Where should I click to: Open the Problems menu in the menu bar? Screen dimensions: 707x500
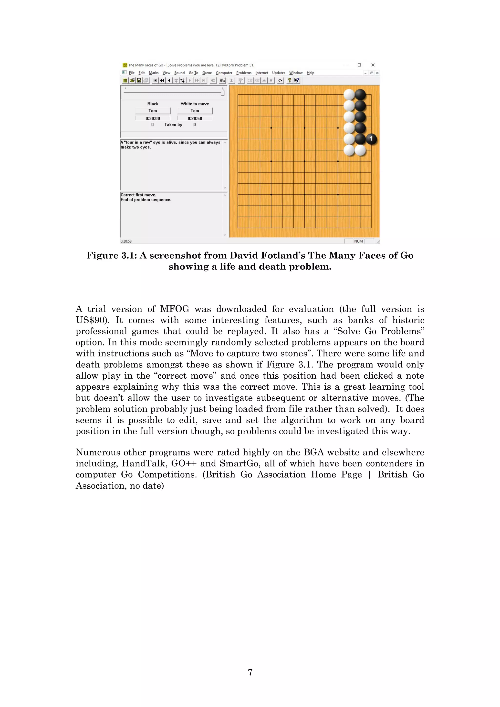pyautogui.click(x=244, y=73)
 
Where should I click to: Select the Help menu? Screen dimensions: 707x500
pyautogui.click(x=310, y=73)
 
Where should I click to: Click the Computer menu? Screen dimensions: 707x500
pyautogui.click(x=224, y=73)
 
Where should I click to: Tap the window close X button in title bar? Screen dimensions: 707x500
pyautogui.click(x=373, y=65)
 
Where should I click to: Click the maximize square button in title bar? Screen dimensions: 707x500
pyautogui.click(x=359, y=65)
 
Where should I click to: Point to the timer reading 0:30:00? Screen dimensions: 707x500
pyautogui.click(x=153, y=119)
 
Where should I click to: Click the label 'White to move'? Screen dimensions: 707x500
pyautogui.click(x=195, y=104)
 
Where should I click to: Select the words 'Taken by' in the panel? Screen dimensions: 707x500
pyautogui.click(x=173, y=125)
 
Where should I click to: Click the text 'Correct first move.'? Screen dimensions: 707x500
pyautogui.click(x=138, y=195)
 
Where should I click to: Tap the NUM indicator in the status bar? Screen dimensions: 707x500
pyautogui.click(x=358, y=241)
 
